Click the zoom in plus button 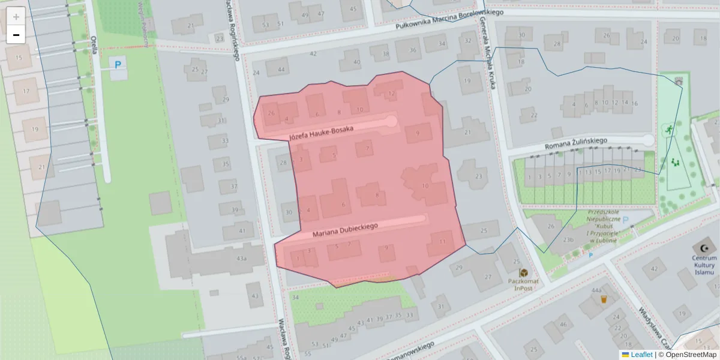pos(16,16)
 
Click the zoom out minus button pos(16,35)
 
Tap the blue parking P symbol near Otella pos(118,64)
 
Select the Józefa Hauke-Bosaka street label pos(321,133)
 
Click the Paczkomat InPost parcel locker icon pos(523,273)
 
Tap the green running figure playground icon pos(667,129)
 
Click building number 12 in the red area pos(391,94)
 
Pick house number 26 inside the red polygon pos(271,113)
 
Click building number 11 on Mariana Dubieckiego pos(442,242)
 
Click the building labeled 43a pos(241,258)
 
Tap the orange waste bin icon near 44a pos(604,299)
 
